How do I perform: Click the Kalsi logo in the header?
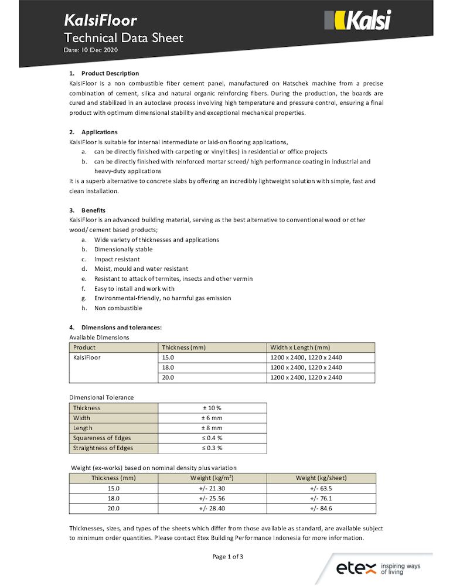click(357, 21)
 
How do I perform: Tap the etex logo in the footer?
click(378, 568)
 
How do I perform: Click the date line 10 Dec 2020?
click(91, 51)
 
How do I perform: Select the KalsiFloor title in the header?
click(100, 21)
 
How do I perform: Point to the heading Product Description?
click(110, 73)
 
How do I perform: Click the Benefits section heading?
click(93, 210)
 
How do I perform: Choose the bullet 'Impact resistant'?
click(117, 259)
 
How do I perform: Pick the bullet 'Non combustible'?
click(118, 308)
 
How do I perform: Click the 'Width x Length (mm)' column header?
click(300, 347)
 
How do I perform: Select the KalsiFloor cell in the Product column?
click(87, 357)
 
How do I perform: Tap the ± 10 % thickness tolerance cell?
click(212, 408)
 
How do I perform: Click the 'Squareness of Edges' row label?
click(102, 438)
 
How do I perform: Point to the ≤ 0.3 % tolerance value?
click(212, 448)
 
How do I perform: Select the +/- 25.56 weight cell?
click(212, 498)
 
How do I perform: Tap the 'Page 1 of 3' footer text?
click(227, 557)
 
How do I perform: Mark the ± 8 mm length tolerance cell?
click(212, 428)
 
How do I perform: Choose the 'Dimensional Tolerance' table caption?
click(101, 397)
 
